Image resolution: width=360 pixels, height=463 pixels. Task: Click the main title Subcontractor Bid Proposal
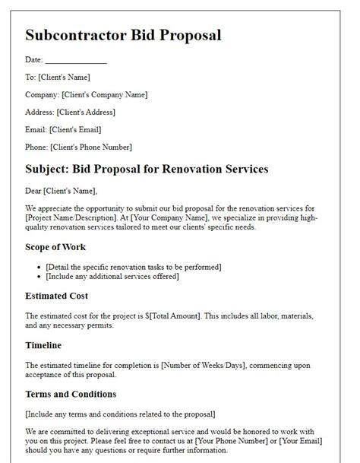[123, 36]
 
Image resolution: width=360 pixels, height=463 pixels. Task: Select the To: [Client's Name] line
[58, 77]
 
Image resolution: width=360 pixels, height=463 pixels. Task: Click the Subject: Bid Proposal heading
[147, 169]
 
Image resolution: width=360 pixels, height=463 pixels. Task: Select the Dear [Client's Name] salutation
[62, 191]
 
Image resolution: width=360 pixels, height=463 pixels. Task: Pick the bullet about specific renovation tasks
[133, 266]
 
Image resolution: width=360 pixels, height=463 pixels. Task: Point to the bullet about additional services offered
[112, 276]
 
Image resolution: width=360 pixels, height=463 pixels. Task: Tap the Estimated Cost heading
[57, 296]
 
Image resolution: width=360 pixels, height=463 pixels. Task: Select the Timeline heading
[45, 344]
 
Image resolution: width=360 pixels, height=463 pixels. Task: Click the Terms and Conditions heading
[71, 394]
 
